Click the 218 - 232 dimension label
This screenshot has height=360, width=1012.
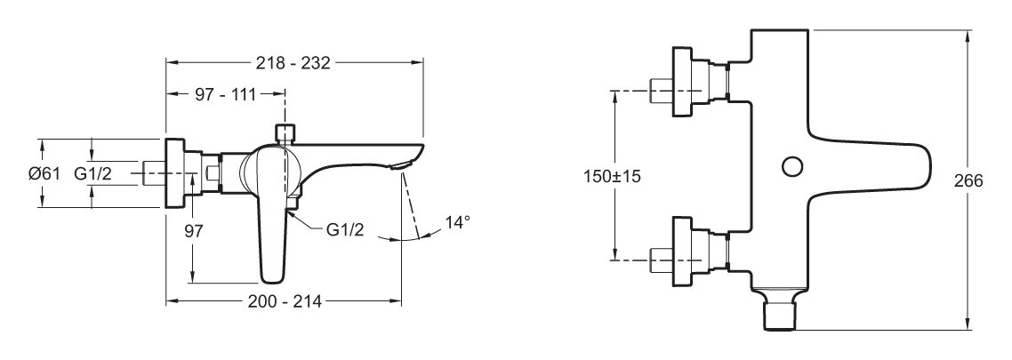coord(293,62)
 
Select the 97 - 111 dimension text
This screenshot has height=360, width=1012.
coord(225,95)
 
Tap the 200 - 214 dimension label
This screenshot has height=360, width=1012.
coord(285,301)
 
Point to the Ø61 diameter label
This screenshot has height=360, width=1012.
coord(44,173)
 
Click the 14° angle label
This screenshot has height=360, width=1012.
coord(458,222)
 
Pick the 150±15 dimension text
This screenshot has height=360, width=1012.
coord(612,176)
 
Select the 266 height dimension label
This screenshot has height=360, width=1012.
coord(968,180)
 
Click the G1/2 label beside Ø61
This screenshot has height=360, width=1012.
coord(93,173)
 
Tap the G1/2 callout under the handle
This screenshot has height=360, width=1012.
coord(345,229)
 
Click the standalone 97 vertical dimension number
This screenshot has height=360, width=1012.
coord(194,231)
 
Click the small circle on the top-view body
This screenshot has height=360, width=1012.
coord(791,166)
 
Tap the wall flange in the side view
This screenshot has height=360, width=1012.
coord(175,173)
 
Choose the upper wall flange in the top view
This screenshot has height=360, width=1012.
coord(682,82)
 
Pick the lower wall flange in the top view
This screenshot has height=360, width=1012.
coord(682,252)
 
